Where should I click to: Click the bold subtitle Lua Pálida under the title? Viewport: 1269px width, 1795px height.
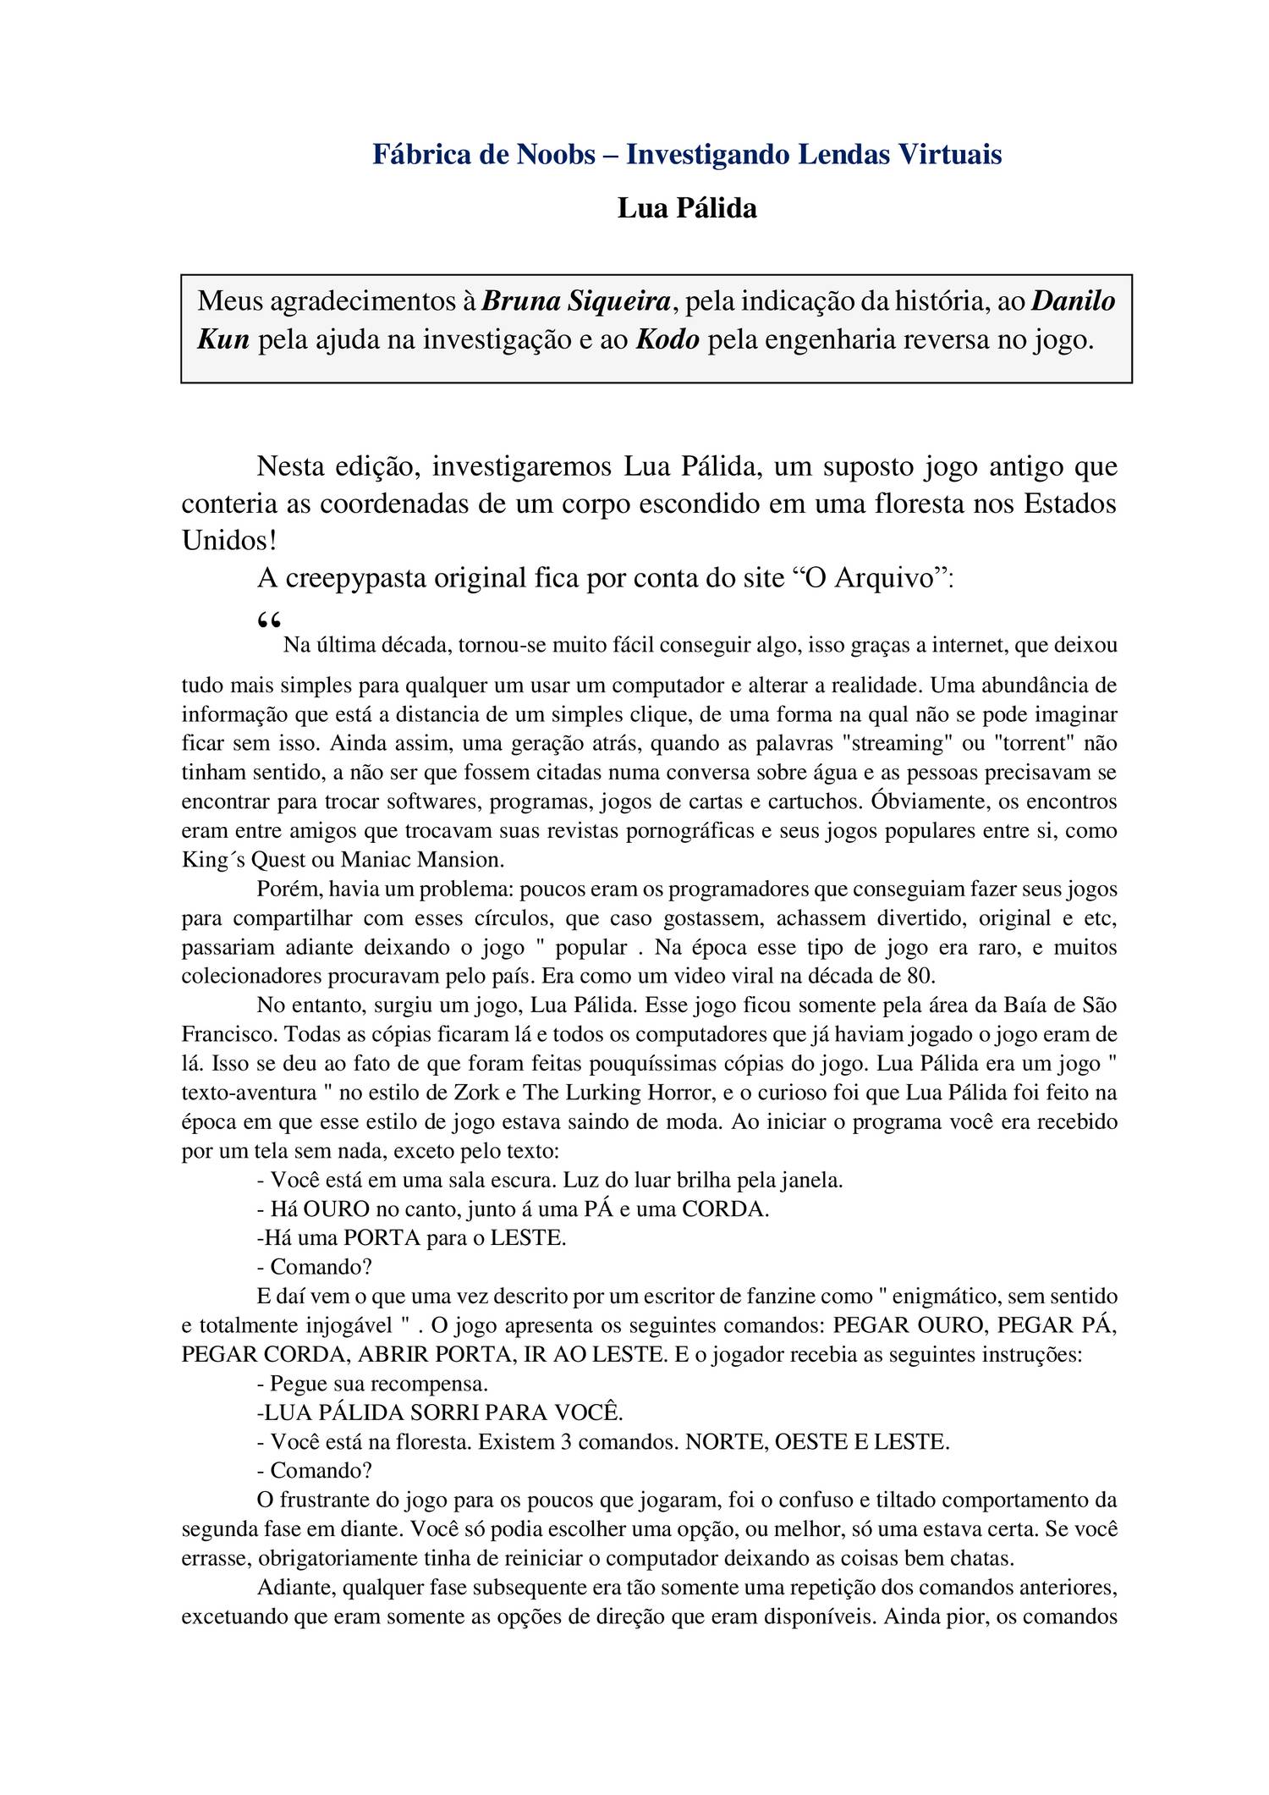pyautogui.click(x=686, y=208)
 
